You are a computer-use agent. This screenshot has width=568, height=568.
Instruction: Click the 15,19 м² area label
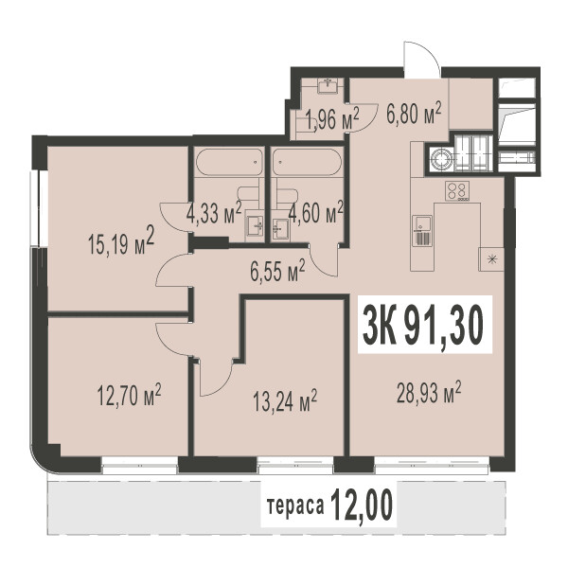[121, 240]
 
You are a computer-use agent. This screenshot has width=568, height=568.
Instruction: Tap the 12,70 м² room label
[129, 395]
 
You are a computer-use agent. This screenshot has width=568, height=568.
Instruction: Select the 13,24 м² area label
[285, 400]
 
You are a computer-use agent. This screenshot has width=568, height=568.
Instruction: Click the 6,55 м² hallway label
[277, 270]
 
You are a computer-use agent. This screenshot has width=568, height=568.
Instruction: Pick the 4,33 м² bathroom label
[214, 213]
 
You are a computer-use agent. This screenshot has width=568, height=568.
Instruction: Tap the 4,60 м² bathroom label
[316, 213]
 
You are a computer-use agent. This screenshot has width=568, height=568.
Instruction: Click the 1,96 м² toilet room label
[332, 119]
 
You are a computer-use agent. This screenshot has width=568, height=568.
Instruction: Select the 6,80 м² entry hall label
[414, 113]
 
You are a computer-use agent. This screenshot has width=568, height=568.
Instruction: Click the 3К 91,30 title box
[425, 324]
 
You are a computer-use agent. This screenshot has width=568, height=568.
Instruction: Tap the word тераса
[295, 506]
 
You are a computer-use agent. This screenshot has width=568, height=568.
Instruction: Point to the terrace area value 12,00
[362, 505]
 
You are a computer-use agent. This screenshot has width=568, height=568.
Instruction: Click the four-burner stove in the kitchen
[457, 191]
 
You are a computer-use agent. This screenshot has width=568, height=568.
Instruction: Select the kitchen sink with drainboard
[422, 231]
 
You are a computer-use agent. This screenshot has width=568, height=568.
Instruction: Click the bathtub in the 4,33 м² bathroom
[229, 162]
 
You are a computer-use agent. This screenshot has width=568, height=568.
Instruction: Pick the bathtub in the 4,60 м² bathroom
[307, 162]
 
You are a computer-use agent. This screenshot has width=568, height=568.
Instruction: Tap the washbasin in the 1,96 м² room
[328, 86]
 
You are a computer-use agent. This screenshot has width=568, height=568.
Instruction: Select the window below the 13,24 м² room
[295, 465]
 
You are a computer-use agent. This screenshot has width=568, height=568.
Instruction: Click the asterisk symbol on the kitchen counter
[491, 259]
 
